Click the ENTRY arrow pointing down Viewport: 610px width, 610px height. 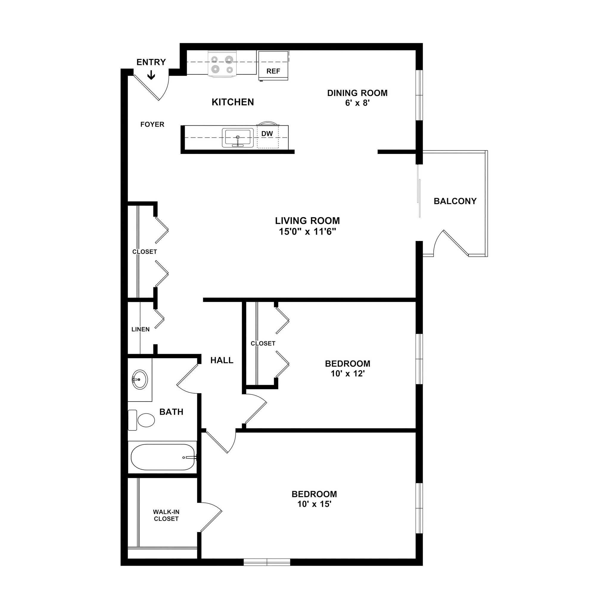151,75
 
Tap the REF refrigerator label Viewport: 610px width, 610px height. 273,71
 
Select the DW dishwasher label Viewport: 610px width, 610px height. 267,133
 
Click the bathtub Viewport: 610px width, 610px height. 163,457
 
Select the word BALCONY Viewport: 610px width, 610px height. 455,201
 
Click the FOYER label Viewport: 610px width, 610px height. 152,125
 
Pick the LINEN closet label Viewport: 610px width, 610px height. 141,329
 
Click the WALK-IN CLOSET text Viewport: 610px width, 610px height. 166,515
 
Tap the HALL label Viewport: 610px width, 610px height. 222,360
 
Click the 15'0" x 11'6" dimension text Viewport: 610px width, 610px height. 307,232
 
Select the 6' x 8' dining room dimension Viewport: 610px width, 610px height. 357,103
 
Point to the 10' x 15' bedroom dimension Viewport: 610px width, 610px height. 314,504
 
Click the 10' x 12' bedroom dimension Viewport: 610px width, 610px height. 348,374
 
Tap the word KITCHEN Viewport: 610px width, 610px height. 233,102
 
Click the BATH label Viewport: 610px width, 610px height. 171,412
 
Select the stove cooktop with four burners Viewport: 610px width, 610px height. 222,64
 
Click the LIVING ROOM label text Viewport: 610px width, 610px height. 307,220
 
